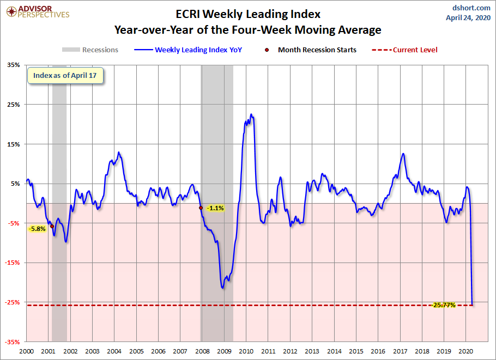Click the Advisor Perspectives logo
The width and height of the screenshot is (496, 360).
[x=38, y=12]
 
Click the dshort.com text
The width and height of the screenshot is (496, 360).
[x=471, y=8]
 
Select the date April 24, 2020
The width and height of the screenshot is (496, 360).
[x=468, y=17]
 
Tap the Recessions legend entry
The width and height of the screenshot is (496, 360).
[x=90, y=50]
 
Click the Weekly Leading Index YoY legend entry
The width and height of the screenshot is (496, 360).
[x=188, y=50]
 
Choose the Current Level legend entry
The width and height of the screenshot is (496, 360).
[x=404, y=50]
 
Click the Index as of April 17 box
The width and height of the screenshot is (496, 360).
[x=65, y=76]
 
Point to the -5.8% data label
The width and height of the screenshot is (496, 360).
[x=38, y=229]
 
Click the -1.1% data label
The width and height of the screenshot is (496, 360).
[x=215, y=208]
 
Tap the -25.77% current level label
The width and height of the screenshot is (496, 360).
[x=444, y=305]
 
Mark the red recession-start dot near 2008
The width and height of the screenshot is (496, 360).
[x=201, y=208]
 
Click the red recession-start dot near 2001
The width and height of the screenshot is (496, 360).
[x=52, y=227]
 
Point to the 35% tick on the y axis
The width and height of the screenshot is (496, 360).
[x=13, y=65]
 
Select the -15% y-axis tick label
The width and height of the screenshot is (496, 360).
[x=12, y=263]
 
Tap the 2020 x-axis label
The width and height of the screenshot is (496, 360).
[x=465, y=351]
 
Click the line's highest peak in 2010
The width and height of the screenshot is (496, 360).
[x=251, y=114]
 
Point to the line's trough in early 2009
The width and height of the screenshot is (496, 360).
[x=222, y=288]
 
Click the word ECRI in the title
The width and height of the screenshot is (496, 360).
[x=187, y=14]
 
